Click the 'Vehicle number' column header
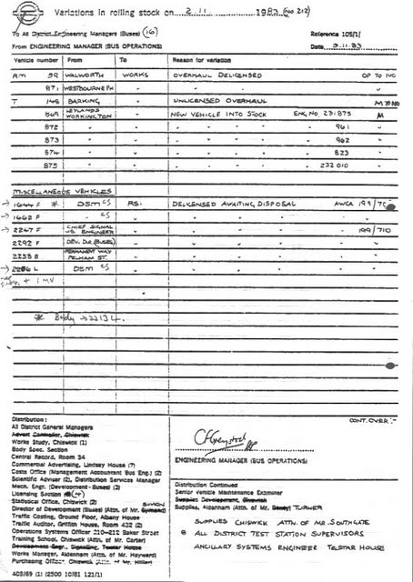coord(35,59)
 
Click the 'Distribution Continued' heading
coord(210,485)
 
